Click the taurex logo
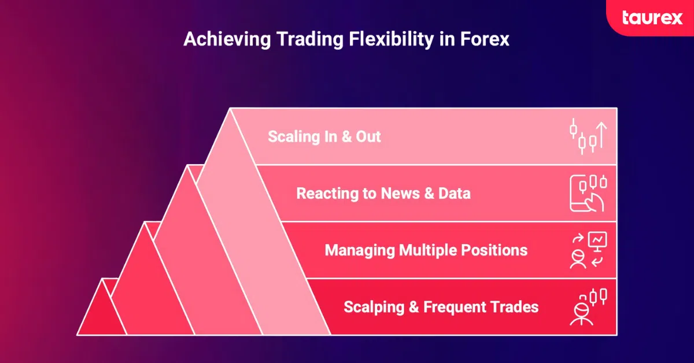pyautogui.click(x=652, y=18)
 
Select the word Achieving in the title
pyautogui.click(x=227, y=40)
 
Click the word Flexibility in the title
pyautogui.click(x=391, y=40)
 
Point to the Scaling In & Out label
pyautogui.click(x=324, y=136)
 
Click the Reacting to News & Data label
pyautogui.click(x=383, y=194)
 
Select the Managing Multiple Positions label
pyautogui.click(x=426, y=250)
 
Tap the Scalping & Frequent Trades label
pyautogui.click(x=441, y=308)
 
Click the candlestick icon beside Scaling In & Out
pyautogui.click(x=588, y=136)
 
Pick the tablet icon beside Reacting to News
pyautogui.click(x=588, y=193)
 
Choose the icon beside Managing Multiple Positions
pyautogui.click(x=588, y=250)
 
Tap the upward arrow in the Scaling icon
pyautogui.click(x=601, y=135)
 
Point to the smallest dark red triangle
pyautogui.click(x=102, y=313)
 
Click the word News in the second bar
pyautogui.click(x=400, y=194)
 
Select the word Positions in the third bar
pyautogui.click(x=494, y=250)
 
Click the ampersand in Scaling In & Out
pyautogui.click(x=346, y=136)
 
